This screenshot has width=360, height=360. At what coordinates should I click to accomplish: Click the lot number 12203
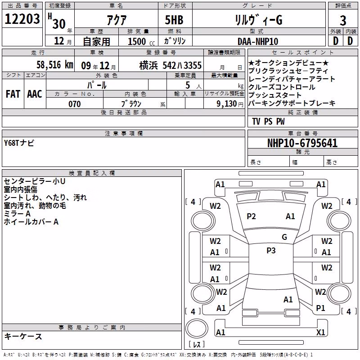click(22, 19)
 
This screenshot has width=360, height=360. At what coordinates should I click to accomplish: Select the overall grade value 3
click(343, 21)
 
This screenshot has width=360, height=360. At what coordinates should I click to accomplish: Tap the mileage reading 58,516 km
click(54, 65)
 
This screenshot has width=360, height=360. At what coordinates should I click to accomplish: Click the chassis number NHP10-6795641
click(302, 143)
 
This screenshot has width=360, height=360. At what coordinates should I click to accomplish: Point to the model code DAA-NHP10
click(258, 41)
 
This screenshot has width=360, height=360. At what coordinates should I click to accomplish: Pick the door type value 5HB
click(174, 20)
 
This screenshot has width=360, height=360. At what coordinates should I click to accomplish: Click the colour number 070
click(75, 104)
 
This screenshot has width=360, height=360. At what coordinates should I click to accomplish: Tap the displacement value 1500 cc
click(141, 41)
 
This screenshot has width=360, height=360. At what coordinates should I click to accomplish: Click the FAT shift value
click(13, 94)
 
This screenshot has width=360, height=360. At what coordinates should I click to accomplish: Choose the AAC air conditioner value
click(35, 94)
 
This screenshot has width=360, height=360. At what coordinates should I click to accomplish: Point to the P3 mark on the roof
click(271, 251)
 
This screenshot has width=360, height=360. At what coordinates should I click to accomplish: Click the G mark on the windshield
click(284, 237)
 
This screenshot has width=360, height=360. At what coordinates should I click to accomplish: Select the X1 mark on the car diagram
click(320, 332)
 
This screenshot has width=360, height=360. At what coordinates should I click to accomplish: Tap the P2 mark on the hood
click(251, 216)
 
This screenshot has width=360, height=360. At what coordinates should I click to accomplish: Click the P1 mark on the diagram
click(320, 308)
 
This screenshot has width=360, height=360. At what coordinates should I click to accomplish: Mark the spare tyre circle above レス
click(197, 328)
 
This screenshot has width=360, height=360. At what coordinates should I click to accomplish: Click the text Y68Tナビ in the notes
click(19, 143)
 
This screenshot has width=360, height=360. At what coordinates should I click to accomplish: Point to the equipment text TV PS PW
click(268, 121)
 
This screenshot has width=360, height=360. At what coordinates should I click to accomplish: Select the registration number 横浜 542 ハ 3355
click(171, 65)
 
